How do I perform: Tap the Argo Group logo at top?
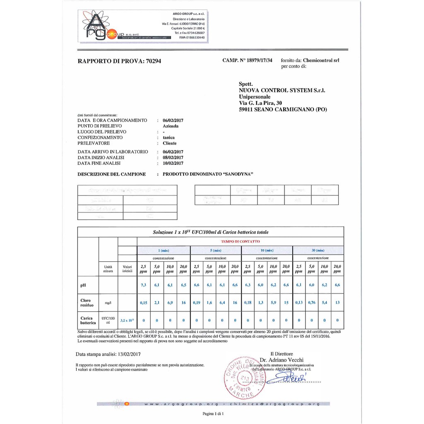(124, 26)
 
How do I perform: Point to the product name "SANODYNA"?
(238, 174)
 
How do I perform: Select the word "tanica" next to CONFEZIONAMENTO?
(169, 137)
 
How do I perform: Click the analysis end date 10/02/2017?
(173, 163)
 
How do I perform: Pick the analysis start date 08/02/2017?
(173, 157)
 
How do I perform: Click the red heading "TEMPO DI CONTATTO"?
(240, 241)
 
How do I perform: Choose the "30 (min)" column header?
(318, 250)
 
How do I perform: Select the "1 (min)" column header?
(164, 250)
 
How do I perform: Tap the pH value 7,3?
(144, 285)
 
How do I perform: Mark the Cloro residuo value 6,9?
(170, 303)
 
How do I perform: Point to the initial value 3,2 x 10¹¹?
(127, 320)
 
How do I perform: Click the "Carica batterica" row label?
(87, 320)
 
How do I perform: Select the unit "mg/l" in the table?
(108, 303)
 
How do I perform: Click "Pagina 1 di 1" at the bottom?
(212, 414)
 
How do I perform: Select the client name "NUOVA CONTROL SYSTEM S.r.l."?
(282, 90)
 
